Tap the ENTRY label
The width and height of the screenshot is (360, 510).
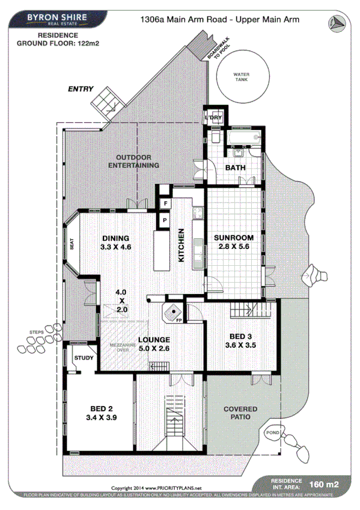(x=81, y=89)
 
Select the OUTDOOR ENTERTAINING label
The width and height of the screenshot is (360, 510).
(x=137, y=161)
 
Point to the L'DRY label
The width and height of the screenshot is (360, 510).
(x=213, y=118)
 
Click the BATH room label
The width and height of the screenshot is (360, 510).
(x=235, y=168)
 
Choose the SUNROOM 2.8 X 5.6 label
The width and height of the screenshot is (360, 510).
(x=234, y=241)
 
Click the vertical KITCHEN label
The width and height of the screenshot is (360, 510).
(x=180, y=245)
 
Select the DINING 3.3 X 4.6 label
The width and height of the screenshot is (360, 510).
(x=116, y=242)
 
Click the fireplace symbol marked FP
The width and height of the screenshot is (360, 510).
(x=174, y=312)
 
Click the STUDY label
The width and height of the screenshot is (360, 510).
(x=84, y=359)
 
